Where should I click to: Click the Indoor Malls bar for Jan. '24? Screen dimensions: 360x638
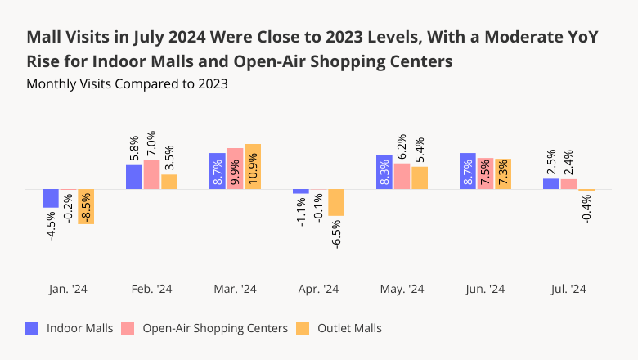coord(51,199)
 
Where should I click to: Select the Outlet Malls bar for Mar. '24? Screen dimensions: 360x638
coord(253,167)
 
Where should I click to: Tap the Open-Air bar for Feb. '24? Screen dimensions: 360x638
coord(151,175)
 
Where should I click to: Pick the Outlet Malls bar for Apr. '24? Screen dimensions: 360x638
coord(336,203)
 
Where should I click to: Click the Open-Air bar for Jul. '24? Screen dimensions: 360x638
coord(569,184)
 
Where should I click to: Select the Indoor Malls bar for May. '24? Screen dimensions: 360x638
coord(384,172)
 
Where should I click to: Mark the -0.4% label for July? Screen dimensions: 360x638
coord(586,209)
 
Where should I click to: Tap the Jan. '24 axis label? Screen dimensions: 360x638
coord(68,289)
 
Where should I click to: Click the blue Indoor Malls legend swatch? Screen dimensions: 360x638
coord(33,328)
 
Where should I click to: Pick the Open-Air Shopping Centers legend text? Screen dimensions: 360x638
coord(215,328)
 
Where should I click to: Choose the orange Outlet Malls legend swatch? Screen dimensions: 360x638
coord(302,328)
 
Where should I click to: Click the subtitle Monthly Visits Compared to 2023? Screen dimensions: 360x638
coord(127,83)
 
